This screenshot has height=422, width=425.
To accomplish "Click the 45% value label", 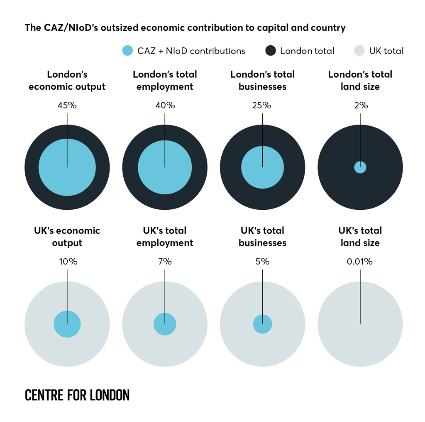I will click(67, 105).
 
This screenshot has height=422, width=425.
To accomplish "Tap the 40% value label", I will click(165, 105).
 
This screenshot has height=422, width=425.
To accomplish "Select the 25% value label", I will click(262, 105).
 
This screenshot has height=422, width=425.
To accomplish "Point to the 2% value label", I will click(360, 105).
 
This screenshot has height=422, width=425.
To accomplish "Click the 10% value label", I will click(67, 262).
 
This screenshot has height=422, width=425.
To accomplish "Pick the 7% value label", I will click(165, 262).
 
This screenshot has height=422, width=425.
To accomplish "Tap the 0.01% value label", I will click(360, 262).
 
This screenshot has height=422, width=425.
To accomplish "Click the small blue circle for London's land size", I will click(360, 167).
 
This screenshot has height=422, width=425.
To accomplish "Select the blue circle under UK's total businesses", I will click(262, 324).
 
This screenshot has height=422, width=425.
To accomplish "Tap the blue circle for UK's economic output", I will click(67, 324).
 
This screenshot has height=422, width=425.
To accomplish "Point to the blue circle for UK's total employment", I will click(165, 324).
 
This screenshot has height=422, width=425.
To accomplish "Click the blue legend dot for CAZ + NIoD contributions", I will click(127, 51).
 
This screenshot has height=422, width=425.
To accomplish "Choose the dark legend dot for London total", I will click(270, 51).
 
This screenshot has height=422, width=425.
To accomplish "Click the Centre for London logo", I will click(77, 395).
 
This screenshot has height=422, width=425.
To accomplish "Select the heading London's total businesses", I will click(262, 81).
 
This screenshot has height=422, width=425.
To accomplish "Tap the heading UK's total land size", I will click(360, 237).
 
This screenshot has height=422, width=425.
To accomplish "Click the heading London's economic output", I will click(67, 81).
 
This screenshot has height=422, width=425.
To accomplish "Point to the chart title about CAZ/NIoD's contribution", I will click(185, 28).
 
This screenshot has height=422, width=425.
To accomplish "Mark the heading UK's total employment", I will click(165, 237).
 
